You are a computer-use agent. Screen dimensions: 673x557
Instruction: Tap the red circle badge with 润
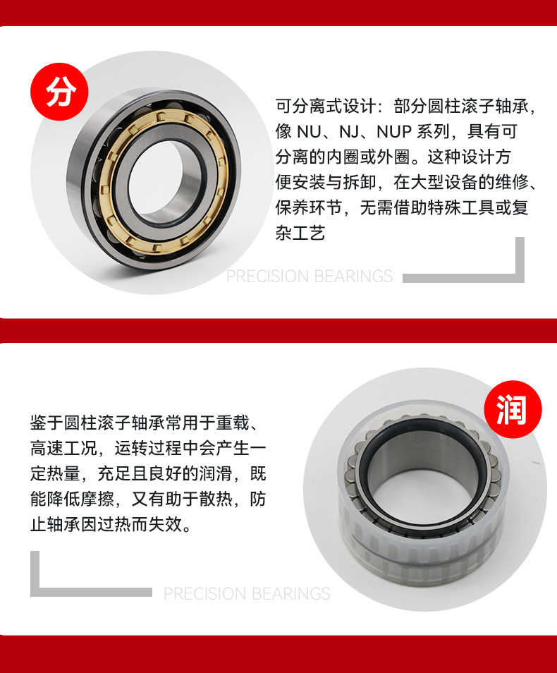(513, 410)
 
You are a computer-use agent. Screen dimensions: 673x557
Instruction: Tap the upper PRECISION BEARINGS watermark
(310, 277)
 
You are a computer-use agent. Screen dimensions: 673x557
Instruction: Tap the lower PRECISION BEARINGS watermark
(247, 594)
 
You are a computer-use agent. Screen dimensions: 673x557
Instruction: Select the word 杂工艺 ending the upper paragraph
(300, 234)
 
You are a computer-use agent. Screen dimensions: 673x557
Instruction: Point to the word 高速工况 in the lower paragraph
(63, 449)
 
